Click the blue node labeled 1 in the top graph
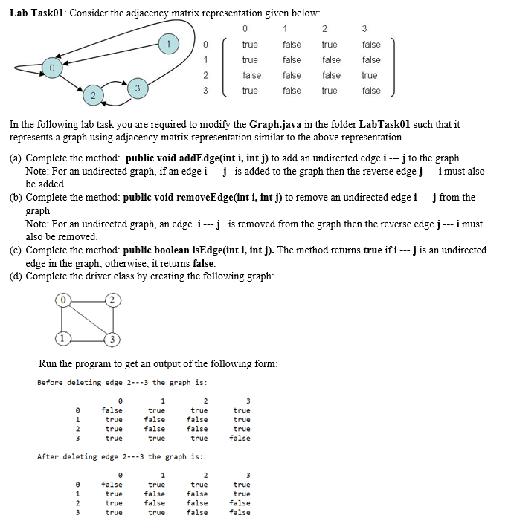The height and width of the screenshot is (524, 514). (x=169, y=43)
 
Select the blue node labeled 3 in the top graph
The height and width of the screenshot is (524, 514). (x=138, y=88)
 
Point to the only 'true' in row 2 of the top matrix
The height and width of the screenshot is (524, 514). (x=370, y=75)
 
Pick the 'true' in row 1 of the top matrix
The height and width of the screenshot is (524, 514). (x=250, y=60)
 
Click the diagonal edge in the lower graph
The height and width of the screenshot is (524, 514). (x=87, y=320)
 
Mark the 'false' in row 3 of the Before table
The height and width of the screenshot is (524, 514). (x=240, y=439)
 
